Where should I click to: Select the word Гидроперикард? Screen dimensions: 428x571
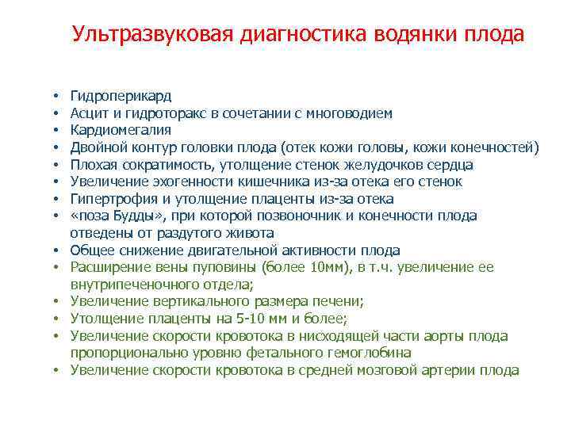[121, 97]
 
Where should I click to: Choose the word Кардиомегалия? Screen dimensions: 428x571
[121, 130]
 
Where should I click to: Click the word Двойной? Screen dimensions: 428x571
[95, 147]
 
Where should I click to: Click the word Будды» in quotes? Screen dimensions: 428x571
[135, 216]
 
